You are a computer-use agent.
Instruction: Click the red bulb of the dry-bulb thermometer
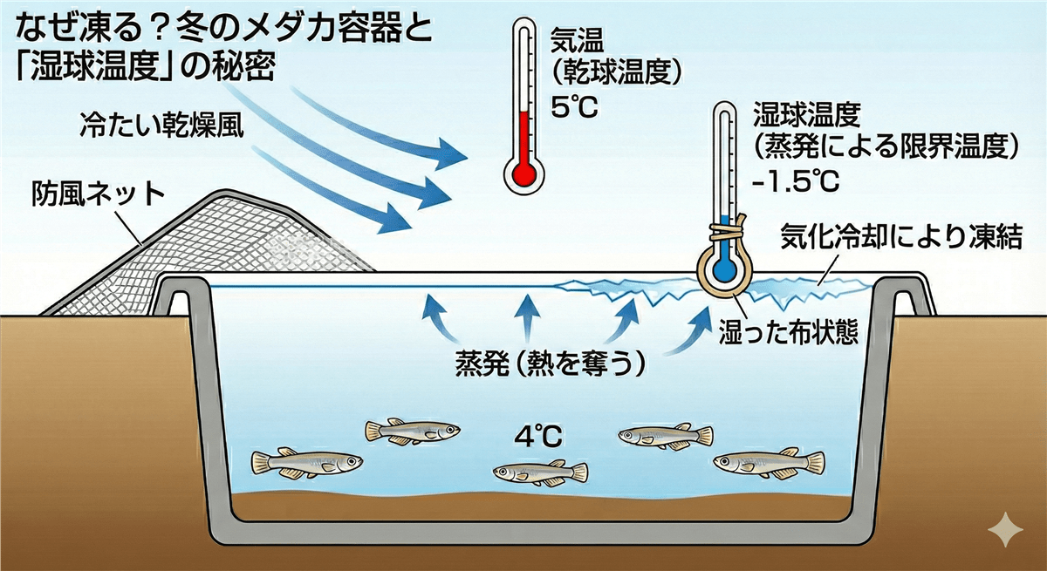523,173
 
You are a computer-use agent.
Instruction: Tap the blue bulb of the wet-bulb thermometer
723,268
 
